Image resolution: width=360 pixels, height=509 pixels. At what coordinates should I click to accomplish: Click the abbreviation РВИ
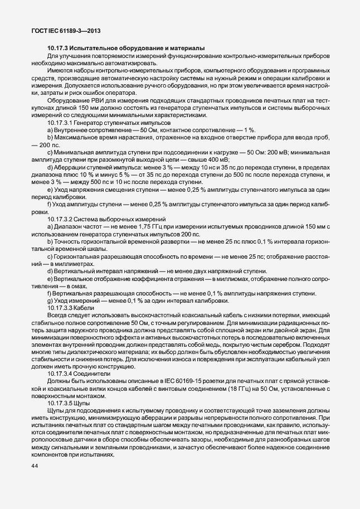[x=93, y=100]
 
